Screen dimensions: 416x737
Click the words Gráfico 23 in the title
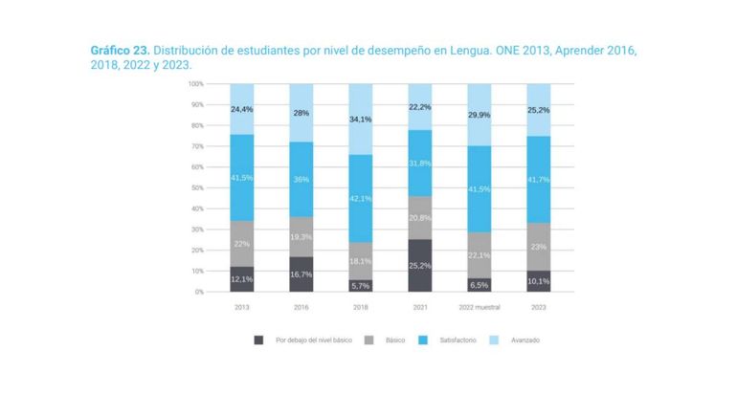[119, 49]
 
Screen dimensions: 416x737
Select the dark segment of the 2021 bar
[420, 266]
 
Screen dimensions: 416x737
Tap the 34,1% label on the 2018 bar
[361, 120]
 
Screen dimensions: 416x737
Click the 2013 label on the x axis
[241, 307]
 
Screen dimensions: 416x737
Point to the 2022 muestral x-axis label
[480, 307]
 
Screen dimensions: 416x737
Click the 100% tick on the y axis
[195, 84]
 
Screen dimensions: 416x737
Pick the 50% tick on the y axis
[196, 187]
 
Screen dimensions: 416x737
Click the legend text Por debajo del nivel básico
[306, 339]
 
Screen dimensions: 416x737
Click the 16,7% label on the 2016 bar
[301, 274]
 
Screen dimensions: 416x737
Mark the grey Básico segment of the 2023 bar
[539, 247]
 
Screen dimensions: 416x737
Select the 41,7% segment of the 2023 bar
[539, 180]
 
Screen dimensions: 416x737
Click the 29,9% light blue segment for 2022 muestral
[480, 115]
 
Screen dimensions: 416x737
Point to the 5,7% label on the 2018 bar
[361, 285]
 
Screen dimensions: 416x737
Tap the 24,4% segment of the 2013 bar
[241, 109]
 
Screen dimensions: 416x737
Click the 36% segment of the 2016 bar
[301, 179]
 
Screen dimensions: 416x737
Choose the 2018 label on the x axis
[361, 307]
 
